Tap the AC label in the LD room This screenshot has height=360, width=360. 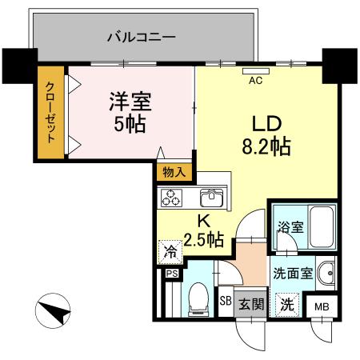point(257,80)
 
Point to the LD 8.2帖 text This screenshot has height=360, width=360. point(266,136)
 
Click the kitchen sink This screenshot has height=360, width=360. point(212,197)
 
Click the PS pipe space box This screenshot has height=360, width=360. point(171,274)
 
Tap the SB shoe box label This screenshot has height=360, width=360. point(226,301)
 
